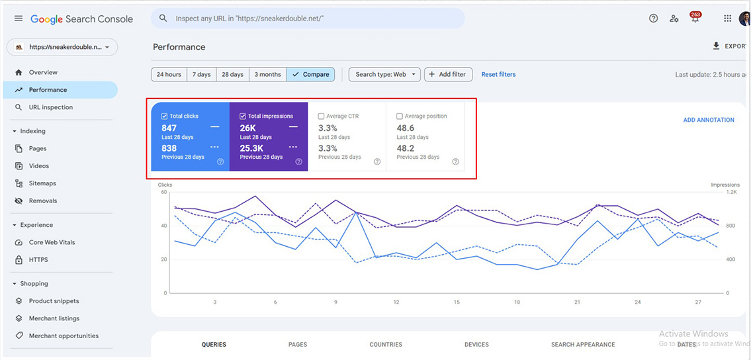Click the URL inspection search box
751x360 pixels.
(x=308, y=19)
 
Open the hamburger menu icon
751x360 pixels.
(x=19, y=19)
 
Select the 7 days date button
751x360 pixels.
(x=202, y=75)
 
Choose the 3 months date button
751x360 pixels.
(x=267, y=75)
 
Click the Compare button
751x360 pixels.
(x=310, y=75)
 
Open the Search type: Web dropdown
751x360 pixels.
(x=384, y=75)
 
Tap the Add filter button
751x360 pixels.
(x=447, y=75)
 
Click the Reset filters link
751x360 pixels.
(x=498, y=75)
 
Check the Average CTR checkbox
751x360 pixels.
(x=322, y=116)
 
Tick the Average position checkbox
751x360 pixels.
(x=400, y=116)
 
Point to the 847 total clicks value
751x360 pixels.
(x=169, y=128)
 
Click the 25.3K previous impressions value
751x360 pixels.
(x=251, y=149)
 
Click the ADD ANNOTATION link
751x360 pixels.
(x=709, y=120)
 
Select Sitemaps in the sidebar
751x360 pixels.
(x=42, y=183)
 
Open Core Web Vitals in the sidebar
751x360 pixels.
(x=52, y=242)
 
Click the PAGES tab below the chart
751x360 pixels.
(x=298, y=345)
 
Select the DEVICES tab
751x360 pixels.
(x=476, y=345)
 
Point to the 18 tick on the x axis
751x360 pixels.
(x=517, y=302)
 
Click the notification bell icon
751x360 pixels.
(x=695, y=19)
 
